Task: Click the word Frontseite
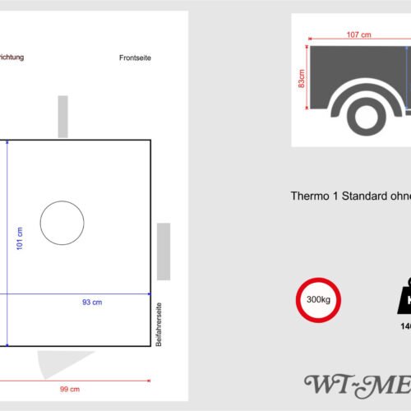click(x=136, y=58)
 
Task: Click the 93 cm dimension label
click(x=92, y=302)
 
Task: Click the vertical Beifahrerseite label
click(x=159, y=324)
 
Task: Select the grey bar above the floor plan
click(x=63, y=117)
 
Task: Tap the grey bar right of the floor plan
click(x=164, y=251)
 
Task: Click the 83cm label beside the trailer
click(x=302, y=79)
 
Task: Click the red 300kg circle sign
click(x=318, y=299)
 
